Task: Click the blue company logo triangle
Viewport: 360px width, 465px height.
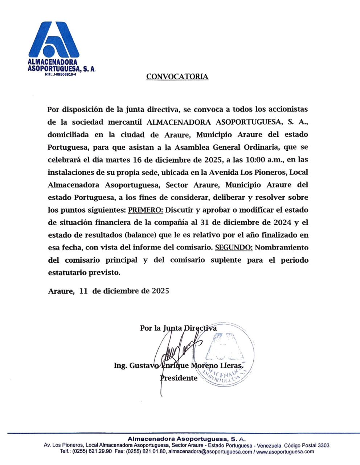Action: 54,40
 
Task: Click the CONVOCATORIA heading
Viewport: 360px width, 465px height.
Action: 177,77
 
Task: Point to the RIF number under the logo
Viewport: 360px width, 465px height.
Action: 60,74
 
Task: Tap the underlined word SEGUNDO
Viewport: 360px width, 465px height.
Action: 234,248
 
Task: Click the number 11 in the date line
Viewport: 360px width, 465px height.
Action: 84,291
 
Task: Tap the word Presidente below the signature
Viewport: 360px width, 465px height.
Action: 179,378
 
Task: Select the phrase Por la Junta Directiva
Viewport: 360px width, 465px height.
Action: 178,328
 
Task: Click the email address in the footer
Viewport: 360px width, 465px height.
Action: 210,452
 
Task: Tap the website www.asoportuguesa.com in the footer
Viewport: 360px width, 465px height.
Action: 285,452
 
